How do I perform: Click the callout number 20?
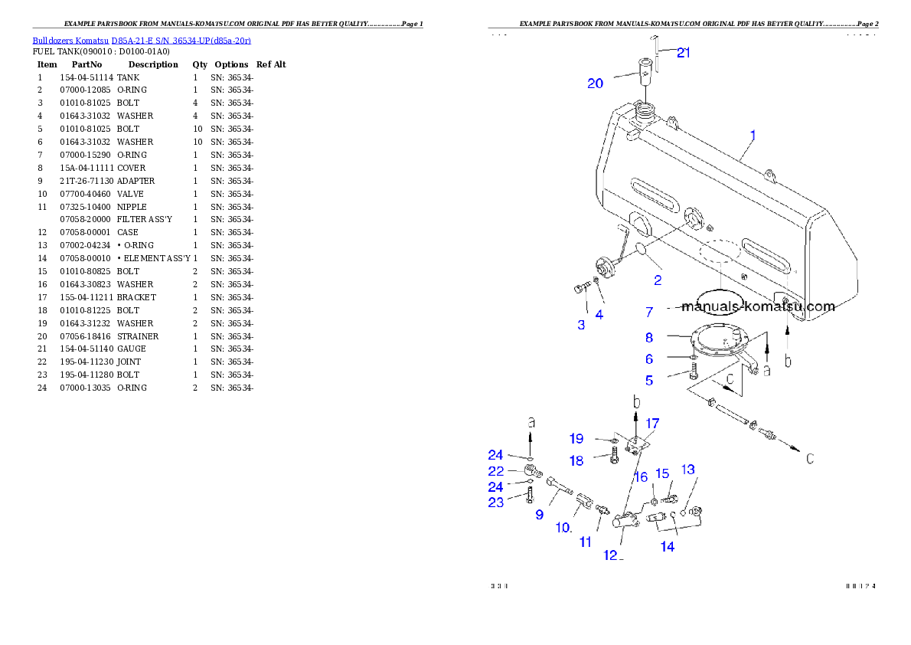click(595, 83)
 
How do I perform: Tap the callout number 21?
click(684, 53)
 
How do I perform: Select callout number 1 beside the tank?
click(753, 135)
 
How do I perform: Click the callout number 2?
click(657, 280)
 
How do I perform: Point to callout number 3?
click(581, 325)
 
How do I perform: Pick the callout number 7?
click(648, 312)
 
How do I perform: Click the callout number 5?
click(648, 379)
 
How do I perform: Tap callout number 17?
click(652, 423)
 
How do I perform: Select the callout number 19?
click(576, 439)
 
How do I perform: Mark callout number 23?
click(496, 503)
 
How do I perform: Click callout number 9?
click(540, 515)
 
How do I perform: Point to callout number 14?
click(668, 546)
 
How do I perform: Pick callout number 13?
click(688, 469)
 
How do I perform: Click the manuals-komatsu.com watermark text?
click(757, 307)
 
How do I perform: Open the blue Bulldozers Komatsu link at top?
click(142, 40)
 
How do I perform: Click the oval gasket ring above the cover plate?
click(718, 298)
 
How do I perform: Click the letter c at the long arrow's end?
click(809, 459)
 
